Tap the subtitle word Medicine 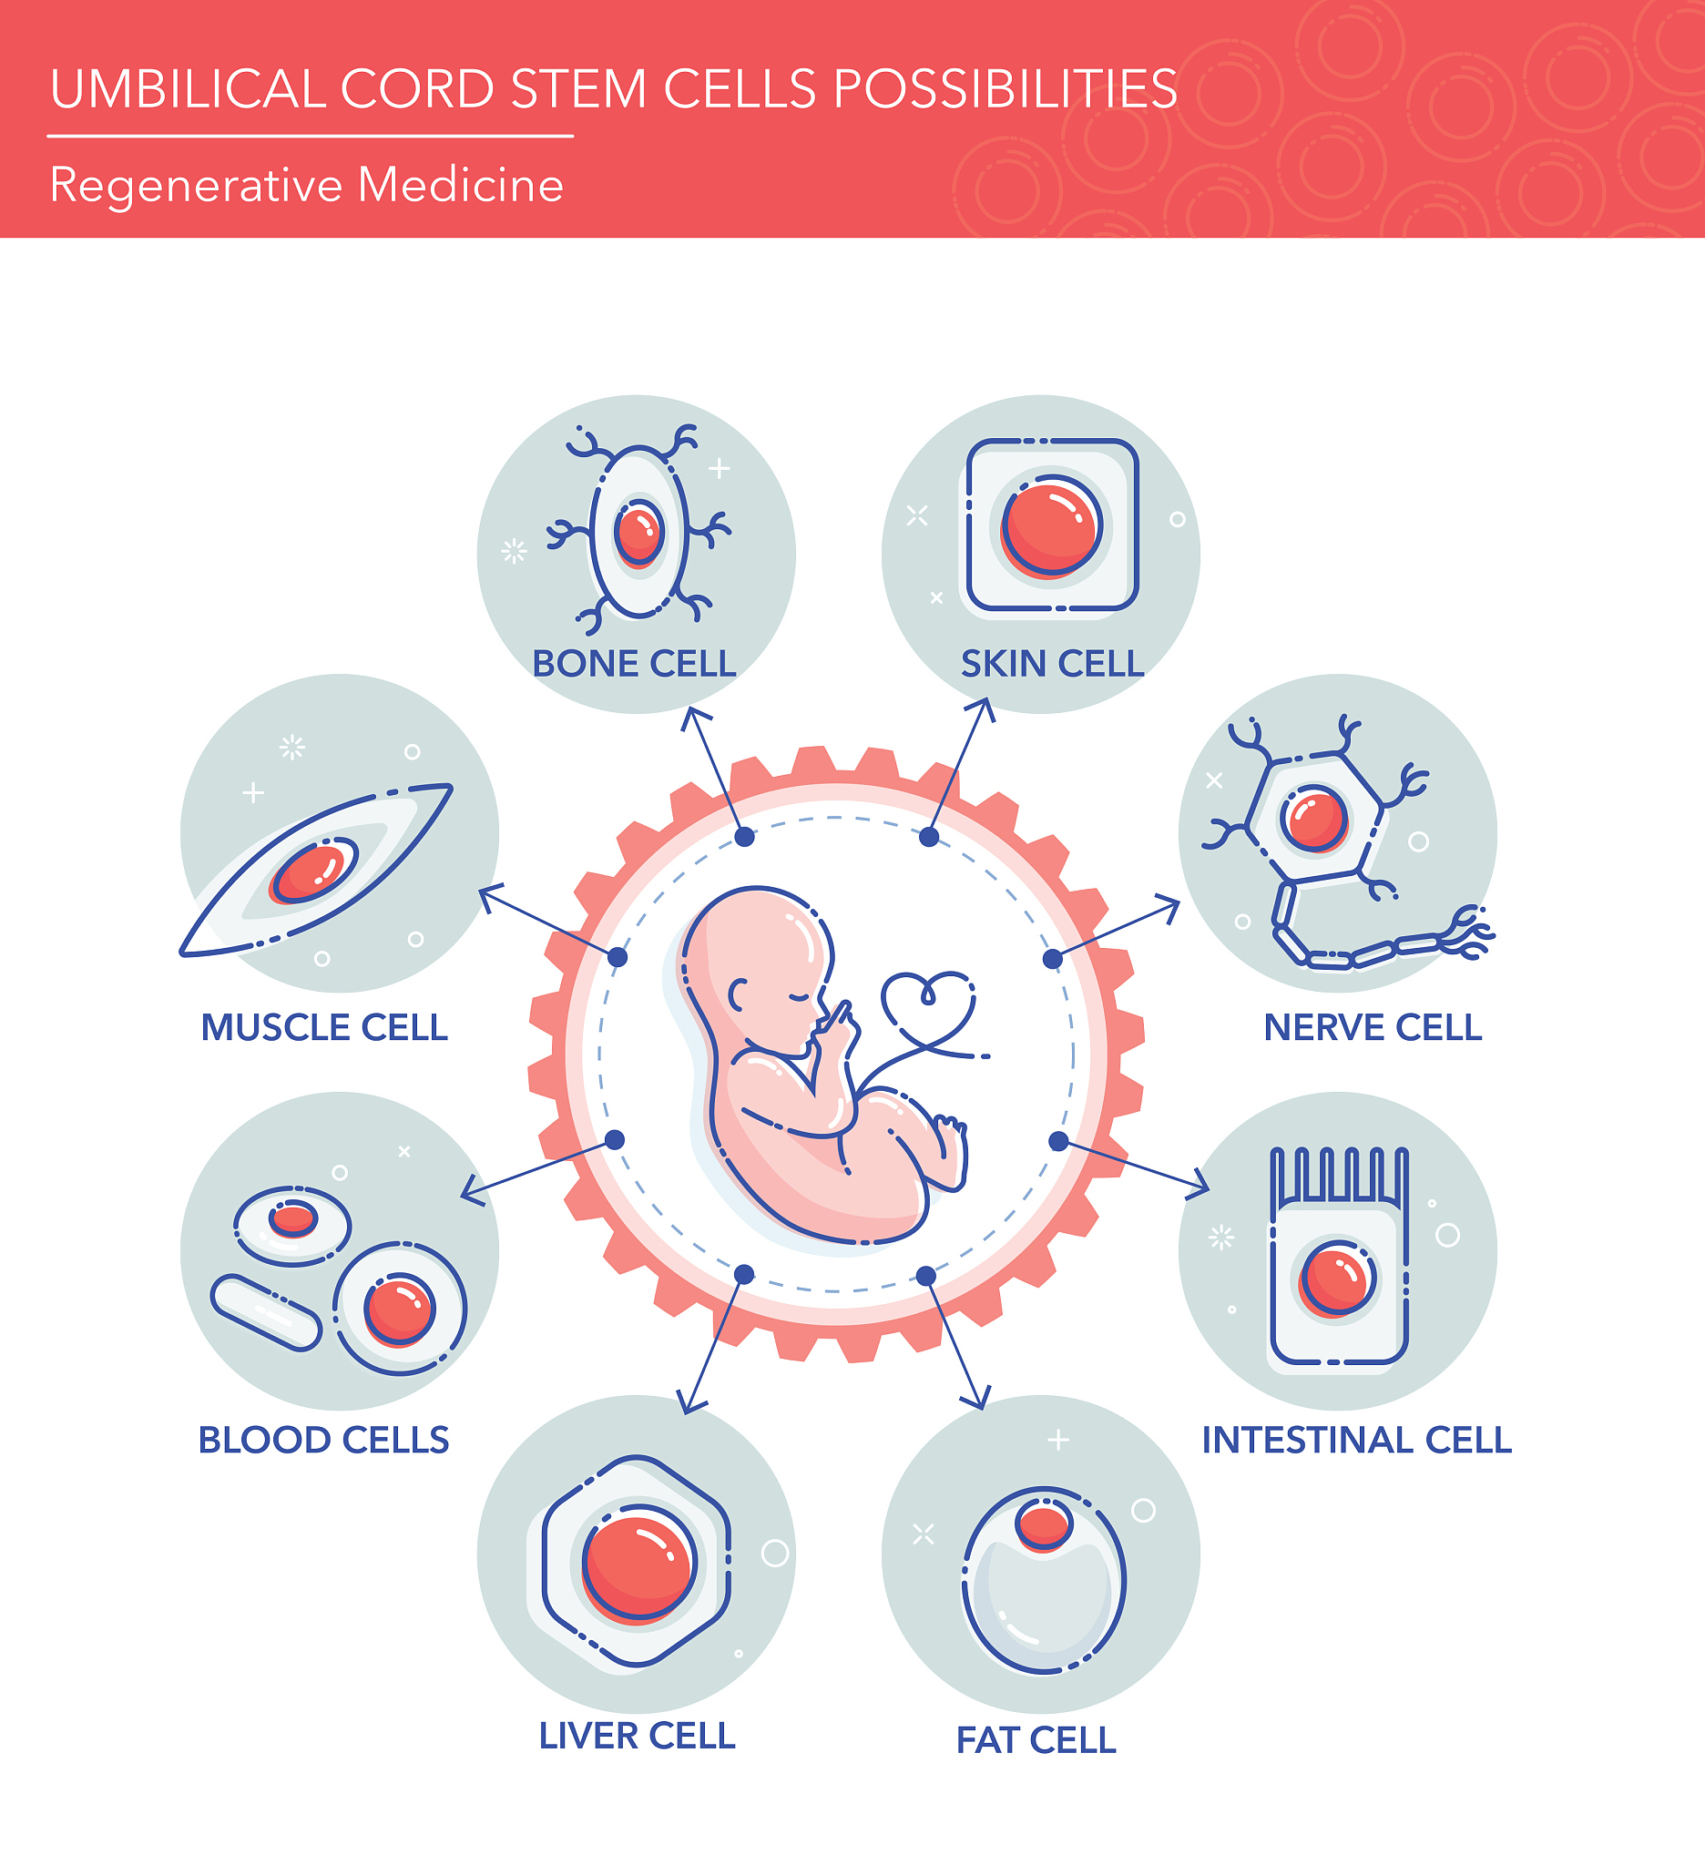click(460, 185)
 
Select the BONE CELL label click(634, 664)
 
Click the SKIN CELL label click(1052, 664)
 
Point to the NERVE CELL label click(1372, 1028)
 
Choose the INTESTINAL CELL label click(1356, 1441)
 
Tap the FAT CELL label click(1036, 1741)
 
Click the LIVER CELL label click(637, 1737)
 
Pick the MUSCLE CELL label click(324, 1028)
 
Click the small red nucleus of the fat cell click(1043, 1524)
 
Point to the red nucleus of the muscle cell click(311, 871)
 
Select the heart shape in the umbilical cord click(927, 1004)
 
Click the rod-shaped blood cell click(266, 1313)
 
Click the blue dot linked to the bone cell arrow click(744, 837)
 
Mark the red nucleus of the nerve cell click(1313, 818)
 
